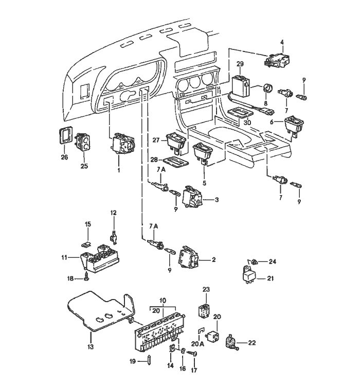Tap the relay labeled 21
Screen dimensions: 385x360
tap(251, 274)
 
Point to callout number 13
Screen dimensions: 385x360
tap(90, 347)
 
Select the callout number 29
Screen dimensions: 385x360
tap(239, 64)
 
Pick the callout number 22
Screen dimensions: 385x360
tap(252, 342)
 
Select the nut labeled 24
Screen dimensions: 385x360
tap(256, 262)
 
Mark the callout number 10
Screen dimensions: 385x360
tap(163, 300)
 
